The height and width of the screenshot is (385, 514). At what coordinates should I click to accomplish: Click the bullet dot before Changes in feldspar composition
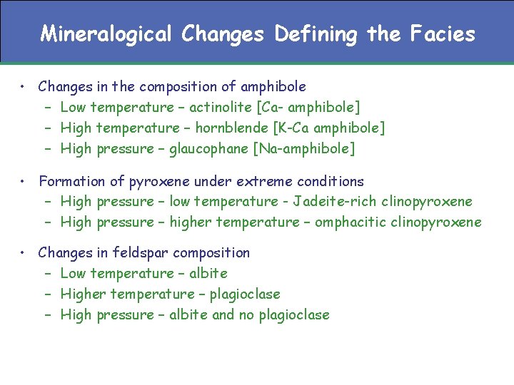pos(24,252)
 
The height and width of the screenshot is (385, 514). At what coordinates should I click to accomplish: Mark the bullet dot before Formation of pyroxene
pos(24,181)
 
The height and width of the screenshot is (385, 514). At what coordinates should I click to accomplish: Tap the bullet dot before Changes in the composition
pos(24,86)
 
